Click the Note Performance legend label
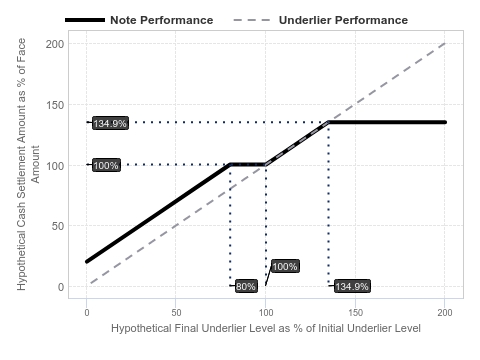click(162, 20)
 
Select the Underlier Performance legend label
click(343, 20)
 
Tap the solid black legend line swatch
click(85, 20)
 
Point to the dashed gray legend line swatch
click(252, 20)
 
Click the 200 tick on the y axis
click(55, 44)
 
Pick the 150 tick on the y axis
click(55, 105)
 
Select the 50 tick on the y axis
click(58, 226)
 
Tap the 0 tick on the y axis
click(61, 287)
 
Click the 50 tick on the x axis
click(176, 313)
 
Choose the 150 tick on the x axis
click(355, 313)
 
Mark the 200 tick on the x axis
click(445, 313)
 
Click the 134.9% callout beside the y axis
click(110, 123)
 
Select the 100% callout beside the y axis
click(106, 165)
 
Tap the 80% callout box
click(246, 286)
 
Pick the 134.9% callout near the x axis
click(352, 286)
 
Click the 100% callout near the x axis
click(285, 266)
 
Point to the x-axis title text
click(266, 328)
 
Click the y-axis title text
click(28, 164)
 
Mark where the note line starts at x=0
click(87, 262)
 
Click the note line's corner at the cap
click(328, 122)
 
